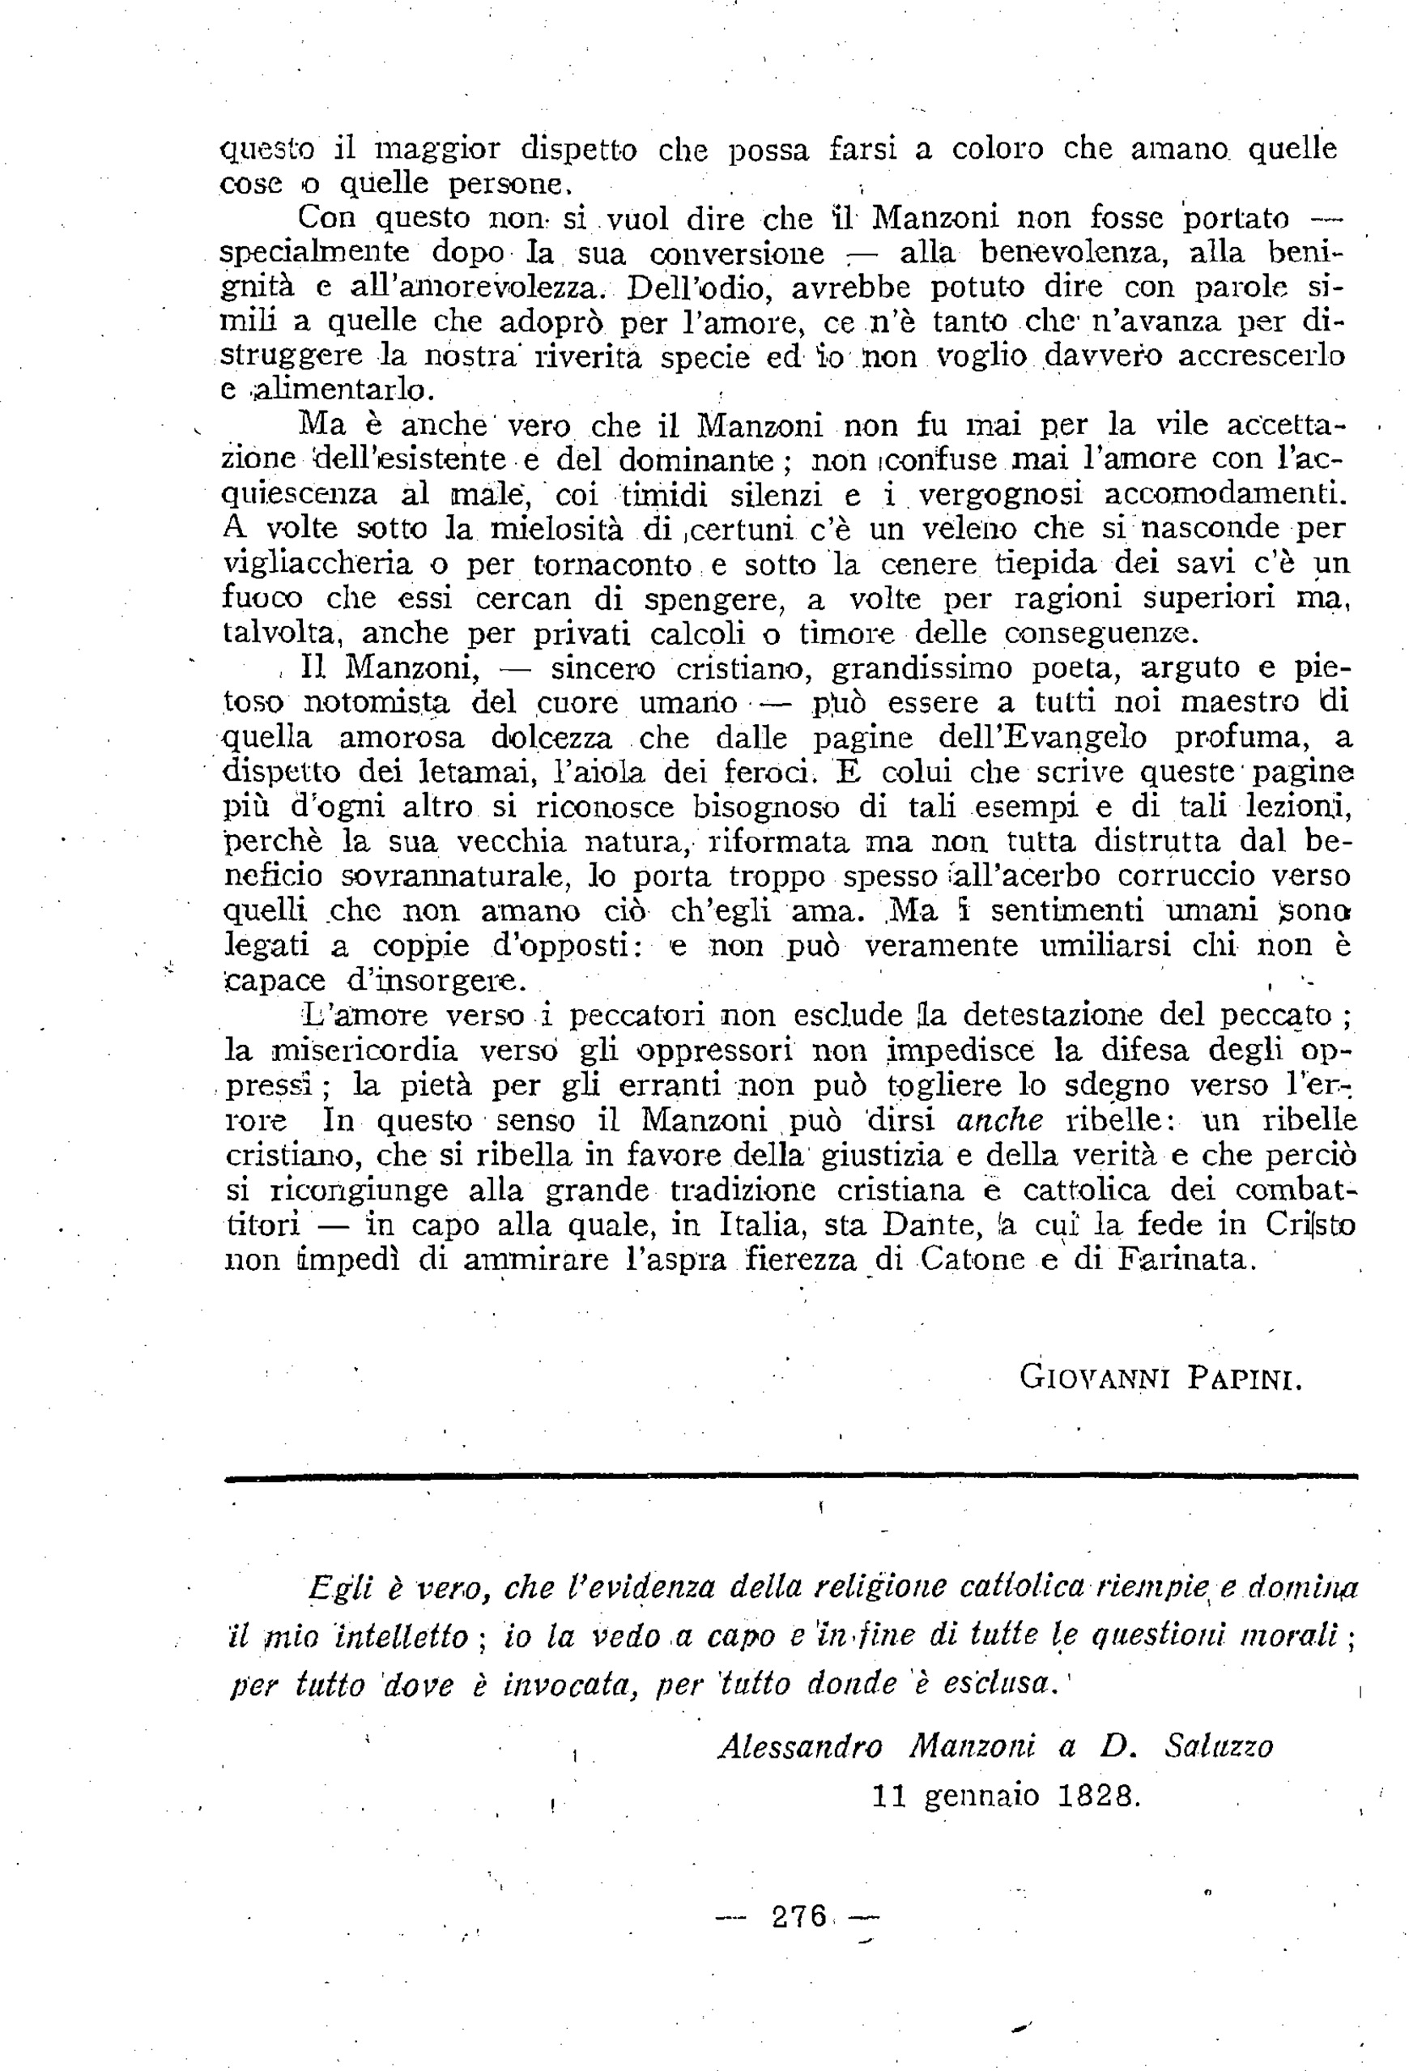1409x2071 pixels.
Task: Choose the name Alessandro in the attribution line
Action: tap(799, 1745)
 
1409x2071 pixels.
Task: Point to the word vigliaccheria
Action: tap(317, 564)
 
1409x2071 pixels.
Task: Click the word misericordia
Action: tap(364, 1050)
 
